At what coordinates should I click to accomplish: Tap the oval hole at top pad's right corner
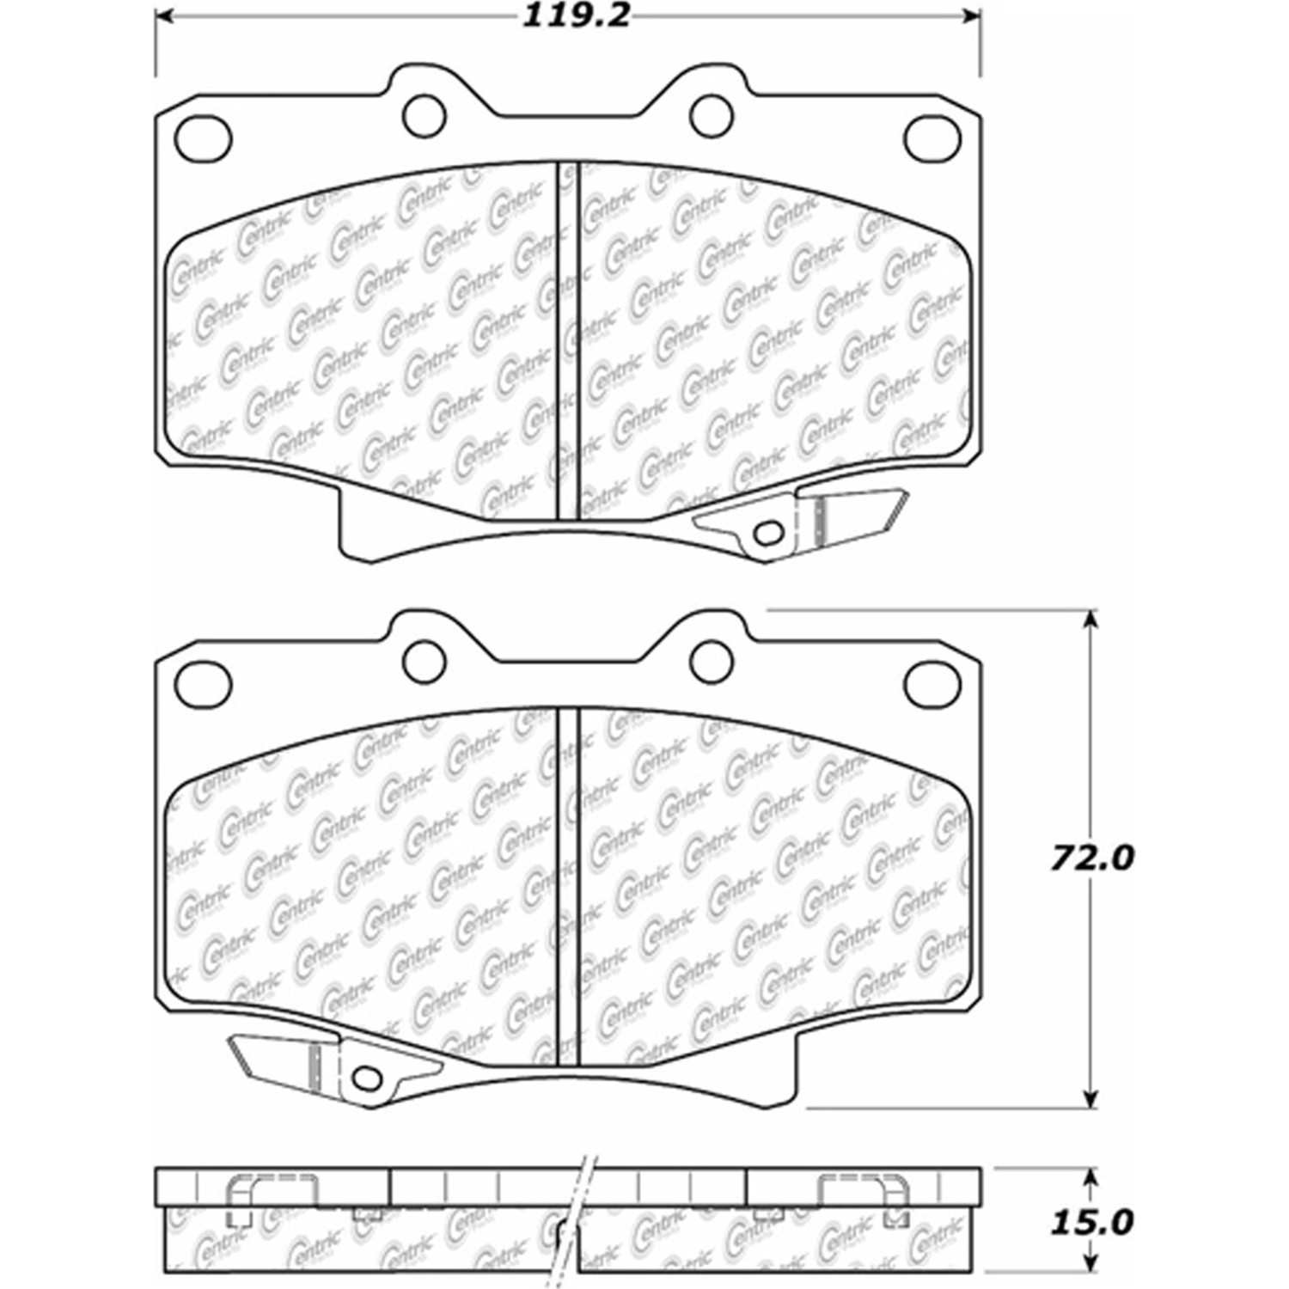click(x=932, y=137)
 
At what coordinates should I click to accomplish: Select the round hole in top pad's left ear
click(x=424, y=116)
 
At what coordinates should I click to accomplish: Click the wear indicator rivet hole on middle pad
click(x=367, y=1076)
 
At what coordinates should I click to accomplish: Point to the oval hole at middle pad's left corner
click(x=203, y=684)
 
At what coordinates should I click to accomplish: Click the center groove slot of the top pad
click(x=569, y=344)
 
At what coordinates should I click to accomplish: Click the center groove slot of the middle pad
click(x=569, y=885)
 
